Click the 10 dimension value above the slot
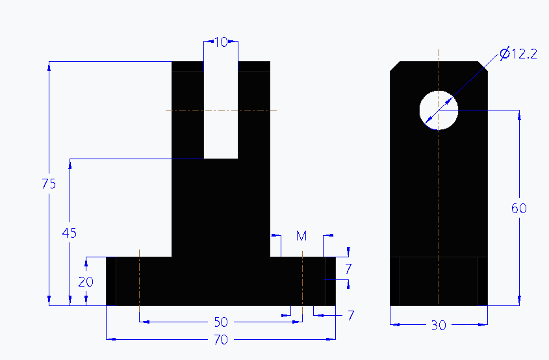[221, 42]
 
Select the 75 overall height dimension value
[49, 184]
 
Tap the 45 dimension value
[70, 233]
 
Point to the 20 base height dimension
[86, 282]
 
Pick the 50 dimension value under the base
[221, 322]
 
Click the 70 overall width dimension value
[221, 339]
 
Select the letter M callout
[301, 236]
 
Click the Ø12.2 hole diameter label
[518, 54]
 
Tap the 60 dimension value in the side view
[518, 209]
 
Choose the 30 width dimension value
[439, 326]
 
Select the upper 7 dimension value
[348, 268]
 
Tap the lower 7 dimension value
[350, 316]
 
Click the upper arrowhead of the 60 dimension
[519, 114]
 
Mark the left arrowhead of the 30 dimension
[393, 324]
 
